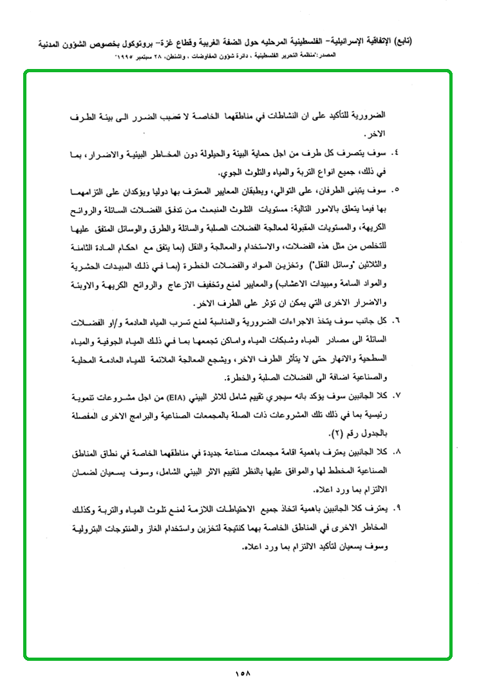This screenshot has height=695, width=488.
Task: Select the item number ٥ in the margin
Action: (x=395, y=191)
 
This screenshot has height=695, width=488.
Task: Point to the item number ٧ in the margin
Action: (x=395, y=393)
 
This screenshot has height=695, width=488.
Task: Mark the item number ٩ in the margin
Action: (x=395, y=509)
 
